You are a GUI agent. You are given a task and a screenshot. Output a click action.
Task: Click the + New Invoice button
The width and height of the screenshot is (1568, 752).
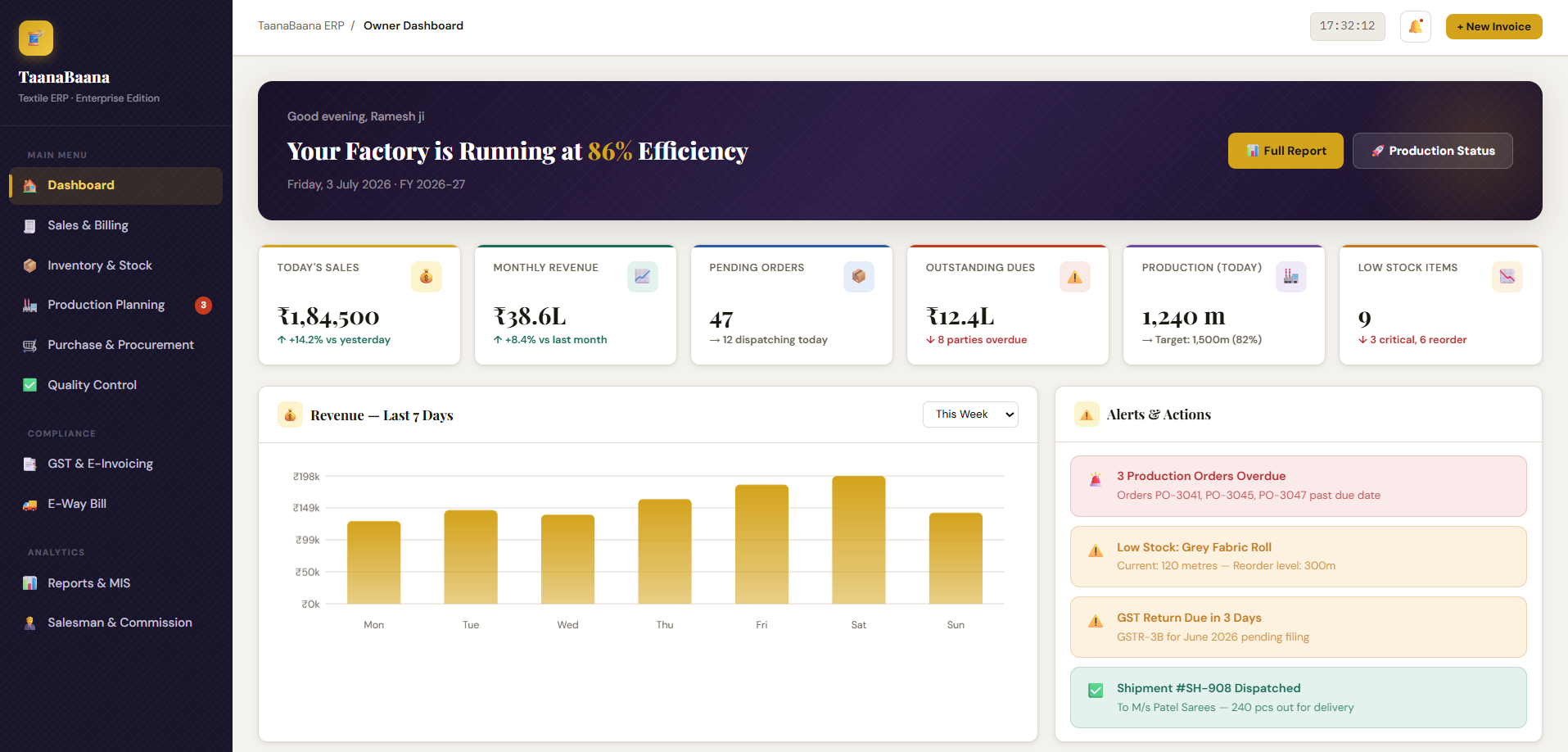coord(1493,26)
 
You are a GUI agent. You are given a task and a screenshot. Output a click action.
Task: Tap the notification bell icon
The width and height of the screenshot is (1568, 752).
coord(1416,26)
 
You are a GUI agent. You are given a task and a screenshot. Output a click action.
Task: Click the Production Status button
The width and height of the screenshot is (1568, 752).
coord(1432,151)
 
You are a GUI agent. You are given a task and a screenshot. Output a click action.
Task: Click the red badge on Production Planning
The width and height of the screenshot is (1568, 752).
coord(203,305)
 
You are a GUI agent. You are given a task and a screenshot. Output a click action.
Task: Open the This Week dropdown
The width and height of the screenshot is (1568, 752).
coord(970,415)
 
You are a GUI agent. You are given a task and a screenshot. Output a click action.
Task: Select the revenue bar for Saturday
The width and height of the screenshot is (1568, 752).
coord(859,540)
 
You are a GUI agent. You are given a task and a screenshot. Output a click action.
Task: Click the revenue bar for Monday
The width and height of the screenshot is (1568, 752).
coord(374,563)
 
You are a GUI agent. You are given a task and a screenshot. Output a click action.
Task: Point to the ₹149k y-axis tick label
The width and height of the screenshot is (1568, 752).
coord(306,508)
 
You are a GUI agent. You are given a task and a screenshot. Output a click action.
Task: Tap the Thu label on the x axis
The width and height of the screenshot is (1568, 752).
coord(665,625)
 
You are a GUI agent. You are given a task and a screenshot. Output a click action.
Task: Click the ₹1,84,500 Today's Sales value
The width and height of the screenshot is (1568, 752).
coord(328,316)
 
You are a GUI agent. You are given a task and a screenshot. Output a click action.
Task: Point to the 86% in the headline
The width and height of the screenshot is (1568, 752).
coord(610,152)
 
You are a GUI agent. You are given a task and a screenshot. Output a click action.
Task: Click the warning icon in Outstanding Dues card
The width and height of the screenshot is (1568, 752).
coord(1074,277)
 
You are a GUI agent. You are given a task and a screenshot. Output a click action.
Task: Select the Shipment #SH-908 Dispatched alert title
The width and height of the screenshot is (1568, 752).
coord(1209,688)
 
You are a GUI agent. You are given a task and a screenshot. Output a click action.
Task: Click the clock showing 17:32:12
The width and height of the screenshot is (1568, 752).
coord(1348,26)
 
